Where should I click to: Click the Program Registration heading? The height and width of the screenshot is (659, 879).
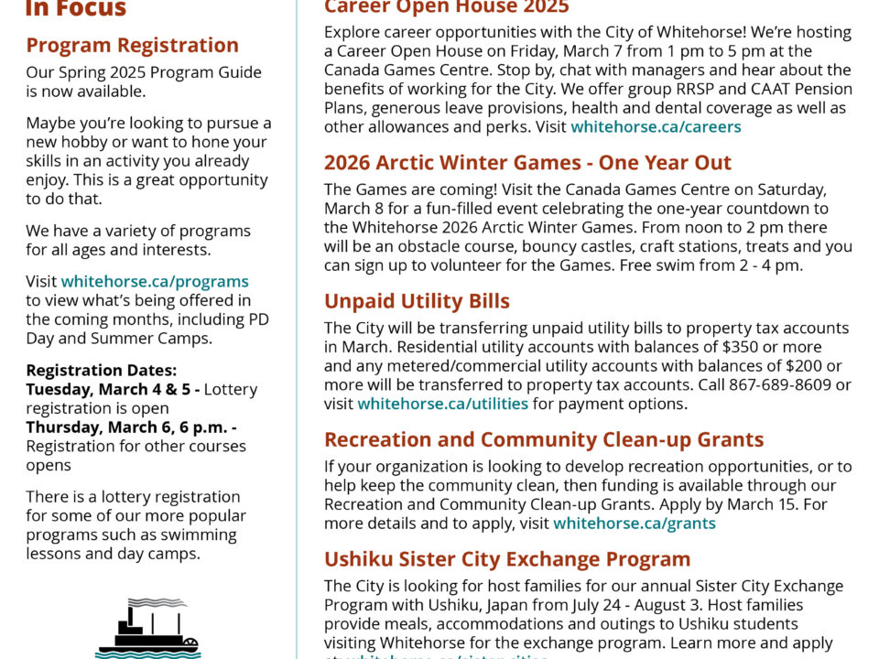[133, 45]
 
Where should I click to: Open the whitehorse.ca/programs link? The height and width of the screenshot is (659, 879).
[155, 281]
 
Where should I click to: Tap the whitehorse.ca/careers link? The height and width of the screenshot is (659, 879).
[656, 127]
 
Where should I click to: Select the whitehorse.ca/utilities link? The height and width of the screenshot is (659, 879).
[442, 404]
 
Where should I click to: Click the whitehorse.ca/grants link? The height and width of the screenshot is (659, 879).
[635, 524]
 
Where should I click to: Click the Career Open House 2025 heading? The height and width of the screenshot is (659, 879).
[446, 7]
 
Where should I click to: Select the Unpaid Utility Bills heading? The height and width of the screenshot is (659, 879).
[417, 301]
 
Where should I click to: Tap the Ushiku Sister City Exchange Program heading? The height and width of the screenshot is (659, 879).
[507, 558]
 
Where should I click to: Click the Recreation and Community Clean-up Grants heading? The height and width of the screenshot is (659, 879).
[544, 439]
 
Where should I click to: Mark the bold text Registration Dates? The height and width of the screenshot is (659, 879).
[101, 371]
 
